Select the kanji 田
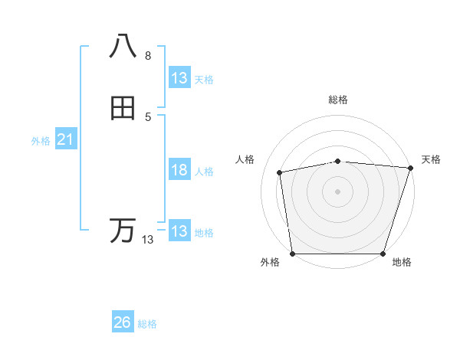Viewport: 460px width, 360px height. tap(123, 109)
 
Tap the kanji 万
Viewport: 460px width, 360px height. tap(123, 230)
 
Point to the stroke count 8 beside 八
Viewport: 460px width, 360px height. tap(148, 56)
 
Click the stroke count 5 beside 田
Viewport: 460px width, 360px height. tap(148, 116)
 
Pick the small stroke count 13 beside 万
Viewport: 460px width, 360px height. tap(147, 240)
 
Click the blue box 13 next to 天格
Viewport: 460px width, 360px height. tap(179, 78)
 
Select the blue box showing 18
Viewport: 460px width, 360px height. tap(179, 170)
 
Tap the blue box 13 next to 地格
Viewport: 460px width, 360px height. tap(179, 231)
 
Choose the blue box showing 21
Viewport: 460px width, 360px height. tap(65, 139)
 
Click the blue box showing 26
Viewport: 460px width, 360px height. tap(123, 322)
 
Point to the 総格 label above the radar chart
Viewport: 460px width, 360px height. tap(337, 100)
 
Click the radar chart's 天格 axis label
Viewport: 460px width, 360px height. tap(431, 159)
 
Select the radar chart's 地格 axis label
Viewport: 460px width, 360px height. tap(402, 263)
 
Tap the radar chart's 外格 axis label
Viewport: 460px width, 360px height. tap(270, 263)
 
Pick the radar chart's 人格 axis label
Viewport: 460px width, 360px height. tap(245, 159)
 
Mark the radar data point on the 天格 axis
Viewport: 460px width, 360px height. tap(411, 168)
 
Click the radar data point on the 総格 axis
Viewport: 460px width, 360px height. tap(337, 161)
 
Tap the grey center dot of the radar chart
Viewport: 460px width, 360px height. tap(337, 191)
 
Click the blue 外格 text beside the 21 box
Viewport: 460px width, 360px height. tap(41, 141)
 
